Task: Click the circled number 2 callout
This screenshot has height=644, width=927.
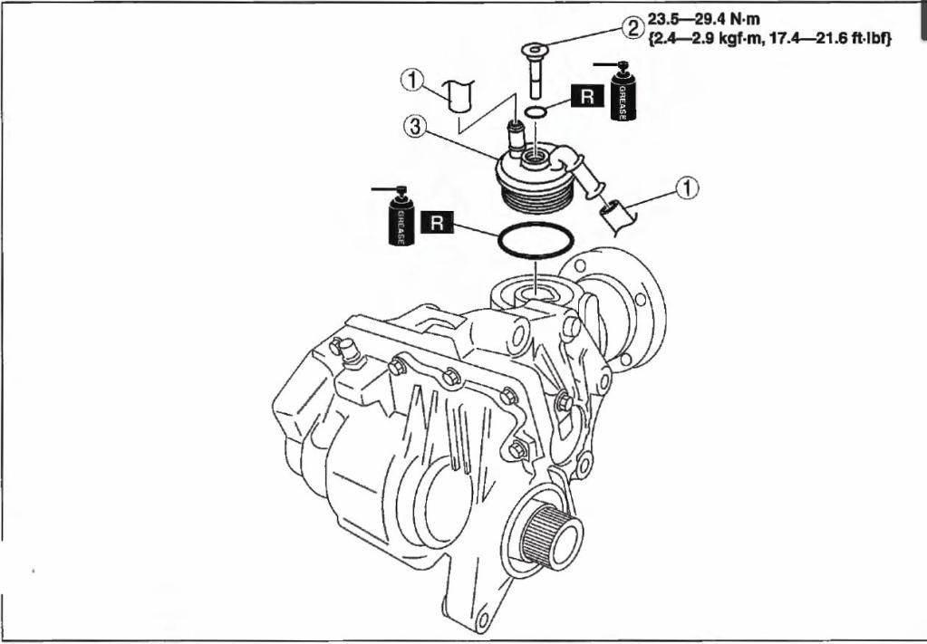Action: pyautogui.click(x=632, y=27)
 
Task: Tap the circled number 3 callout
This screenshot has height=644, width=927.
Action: pyautogui.click(x=416, y=128)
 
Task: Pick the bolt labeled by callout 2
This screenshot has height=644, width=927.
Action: pyautogui.click(x=536, y=68)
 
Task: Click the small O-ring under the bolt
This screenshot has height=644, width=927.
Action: pyautogui.click(x=536, y=112)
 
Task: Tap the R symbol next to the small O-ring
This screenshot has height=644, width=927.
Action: pyautogui.click(x=587, y=97)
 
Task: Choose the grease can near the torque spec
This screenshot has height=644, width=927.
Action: pyautogui.click(x=624, y=91)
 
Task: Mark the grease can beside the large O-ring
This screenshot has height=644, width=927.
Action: pyautogui.click(x=401, y=217)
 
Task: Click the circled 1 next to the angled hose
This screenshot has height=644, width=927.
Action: pyautogui.click(x=690, y=187)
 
